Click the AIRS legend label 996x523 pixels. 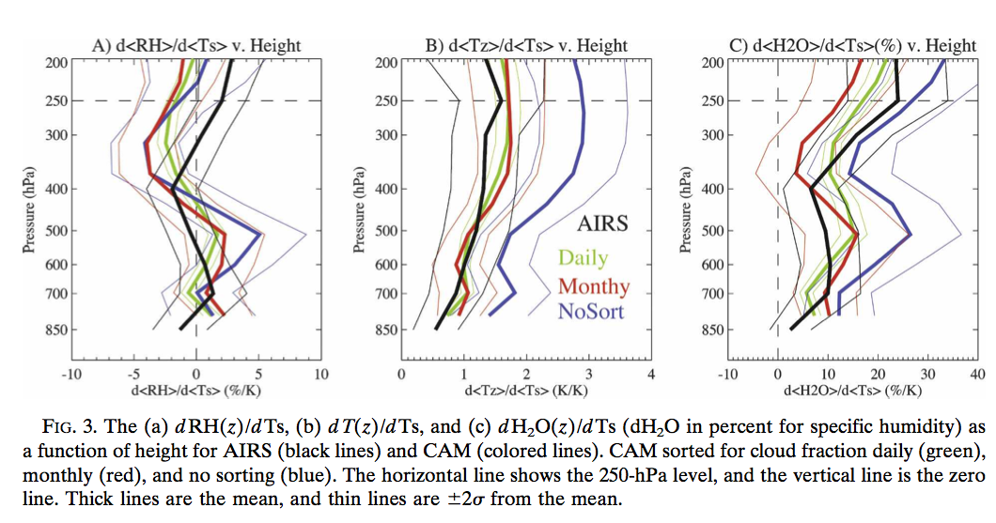pyautogui.click(x=602, y=223)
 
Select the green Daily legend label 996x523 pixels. pyautogui.click(x=583, y=257)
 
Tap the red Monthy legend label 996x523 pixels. pyautogui.click(x=593, y=285)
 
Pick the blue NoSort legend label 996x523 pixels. pyautogui.click(x=591, y=311)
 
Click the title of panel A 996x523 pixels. pyautogui.click(x=196, y=45)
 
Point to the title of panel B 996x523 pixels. pyautogui.click(x=526, y=45)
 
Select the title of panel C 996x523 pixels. pyautogui.click(x=853, y=45)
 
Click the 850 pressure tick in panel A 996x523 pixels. pyautogui.click(x=53, y=330)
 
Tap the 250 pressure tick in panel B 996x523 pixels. pyautogui.click(x=385, y=101)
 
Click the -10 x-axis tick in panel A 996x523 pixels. pyautogui.click(x=70, y=375)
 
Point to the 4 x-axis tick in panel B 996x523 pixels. pyautogui.click(x=650, y=375)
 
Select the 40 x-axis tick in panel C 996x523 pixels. pyautogui.click(x=976, y=375)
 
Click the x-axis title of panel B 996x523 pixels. pyautogui.click(x=525, y=390)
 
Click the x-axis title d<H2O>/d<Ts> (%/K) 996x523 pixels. pyautogui.click(x=852, y=390)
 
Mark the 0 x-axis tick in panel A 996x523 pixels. pyautogui.click(x=195, y=375)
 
